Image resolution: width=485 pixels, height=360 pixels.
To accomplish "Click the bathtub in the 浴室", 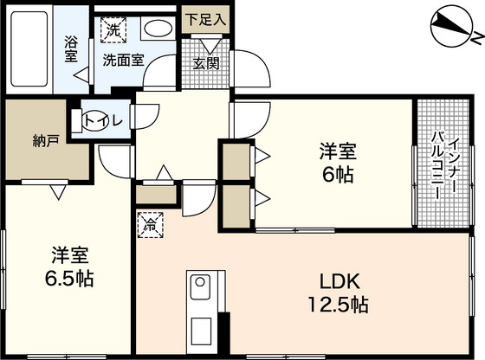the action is pyautogui.click(x=29, y=48).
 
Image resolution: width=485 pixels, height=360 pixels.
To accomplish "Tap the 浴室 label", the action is pyautogui.click(x=71, y=49).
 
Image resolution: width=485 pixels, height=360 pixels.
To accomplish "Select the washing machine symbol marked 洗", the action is pyautogui.click(x=113, y=30).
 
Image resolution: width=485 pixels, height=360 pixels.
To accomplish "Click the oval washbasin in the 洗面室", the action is pyautogui.click(x=158, y=29).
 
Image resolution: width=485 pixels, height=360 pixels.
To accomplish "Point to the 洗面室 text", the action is pyautogui.click(x=123, y=60).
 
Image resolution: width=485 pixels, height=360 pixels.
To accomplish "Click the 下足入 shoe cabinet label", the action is pyautogui.click(x=206, y=20).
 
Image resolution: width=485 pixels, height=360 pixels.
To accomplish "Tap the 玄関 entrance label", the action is pyautogui.click(x=206, y=64).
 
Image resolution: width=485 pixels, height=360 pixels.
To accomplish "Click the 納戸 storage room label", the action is pyautogui.click(x=45, y=141).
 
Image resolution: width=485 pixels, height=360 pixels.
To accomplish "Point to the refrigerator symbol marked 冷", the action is pyautogui.click(x=151, y=225).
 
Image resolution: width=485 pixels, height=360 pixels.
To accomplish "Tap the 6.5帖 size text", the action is pyautogui.click(x=69, y=279).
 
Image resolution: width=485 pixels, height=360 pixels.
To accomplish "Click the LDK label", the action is pyautogui.click(x=339, y=281).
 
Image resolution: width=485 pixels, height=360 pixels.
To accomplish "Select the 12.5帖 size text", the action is pyautogui.click(x=338, y=305).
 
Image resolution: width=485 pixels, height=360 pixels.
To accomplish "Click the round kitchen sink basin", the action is pyautogui.click(x=200, y=282).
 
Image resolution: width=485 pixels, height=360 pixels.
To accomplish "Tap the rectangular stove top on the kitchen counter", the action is pyautogui.click(x=201, y=331).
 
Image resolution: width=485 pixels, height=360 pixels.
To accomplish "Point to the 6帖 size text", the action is pyautogui.click(x=338, y=176).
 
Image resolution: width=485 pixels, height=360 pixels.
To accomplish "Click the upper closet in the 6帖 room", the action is pyautogui.click(x=236, y=161).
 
